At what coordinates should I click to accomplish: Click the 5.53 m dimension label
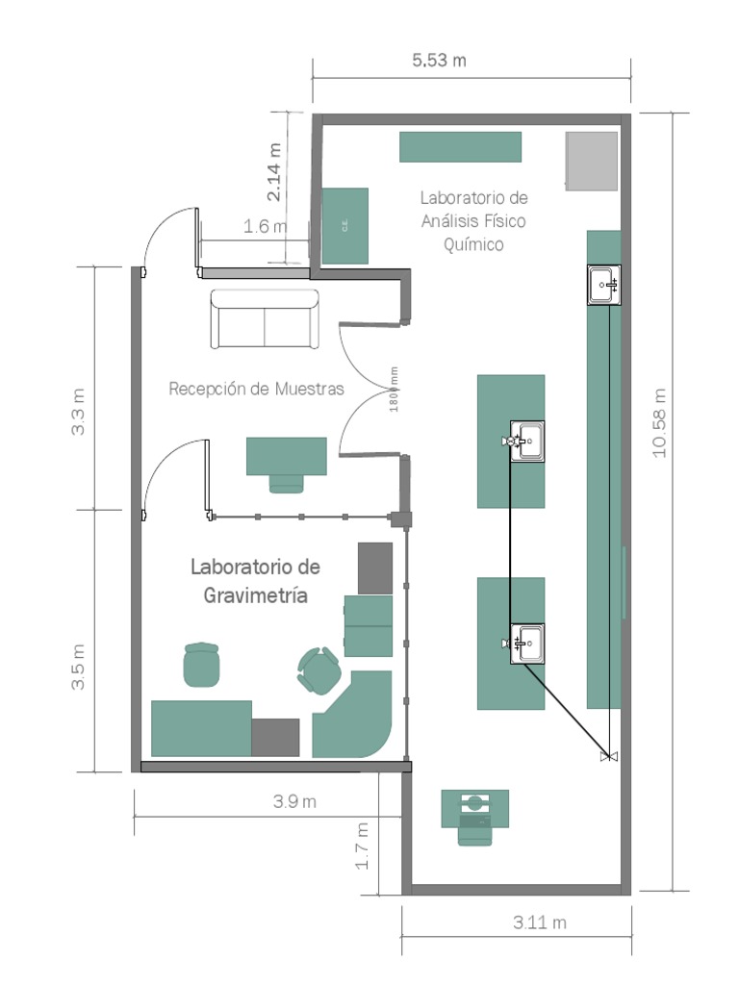point(439,61)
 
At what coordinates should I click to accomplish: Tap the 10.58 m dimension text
point(659,422)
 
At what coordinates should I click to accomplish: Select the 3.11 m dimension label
point(539,922)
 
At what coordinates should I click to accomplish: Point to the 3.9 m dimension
point(294,802)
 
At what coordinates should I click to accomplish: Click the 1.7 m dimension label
point(363,846)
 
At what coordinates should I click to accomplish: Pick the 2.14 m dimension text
point(275,172)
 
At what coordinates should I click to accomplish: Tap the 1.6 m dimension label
point(265,227)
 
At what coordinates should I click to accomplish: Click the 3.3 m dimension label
point(79,411)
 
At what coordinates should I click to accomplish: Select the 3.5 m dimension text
point(79,667)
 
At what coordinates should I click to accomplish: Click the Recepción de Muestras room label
point(256,390)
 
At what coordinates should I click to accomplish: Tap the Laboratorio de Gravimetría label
point(256,581)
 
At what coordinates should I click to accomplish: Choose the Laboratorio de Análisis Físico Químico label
point(473,220)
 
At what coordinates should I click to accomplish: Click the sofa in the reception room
point(265,319)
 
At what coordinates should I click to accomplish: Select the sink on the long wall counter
point(604,285)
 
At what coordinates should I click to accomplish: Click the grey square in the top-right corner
point(592,160)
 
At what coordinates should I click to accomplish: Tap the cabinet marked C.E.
point(344,226)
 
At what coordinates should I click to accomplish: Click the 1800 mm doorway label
point(395,389)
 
